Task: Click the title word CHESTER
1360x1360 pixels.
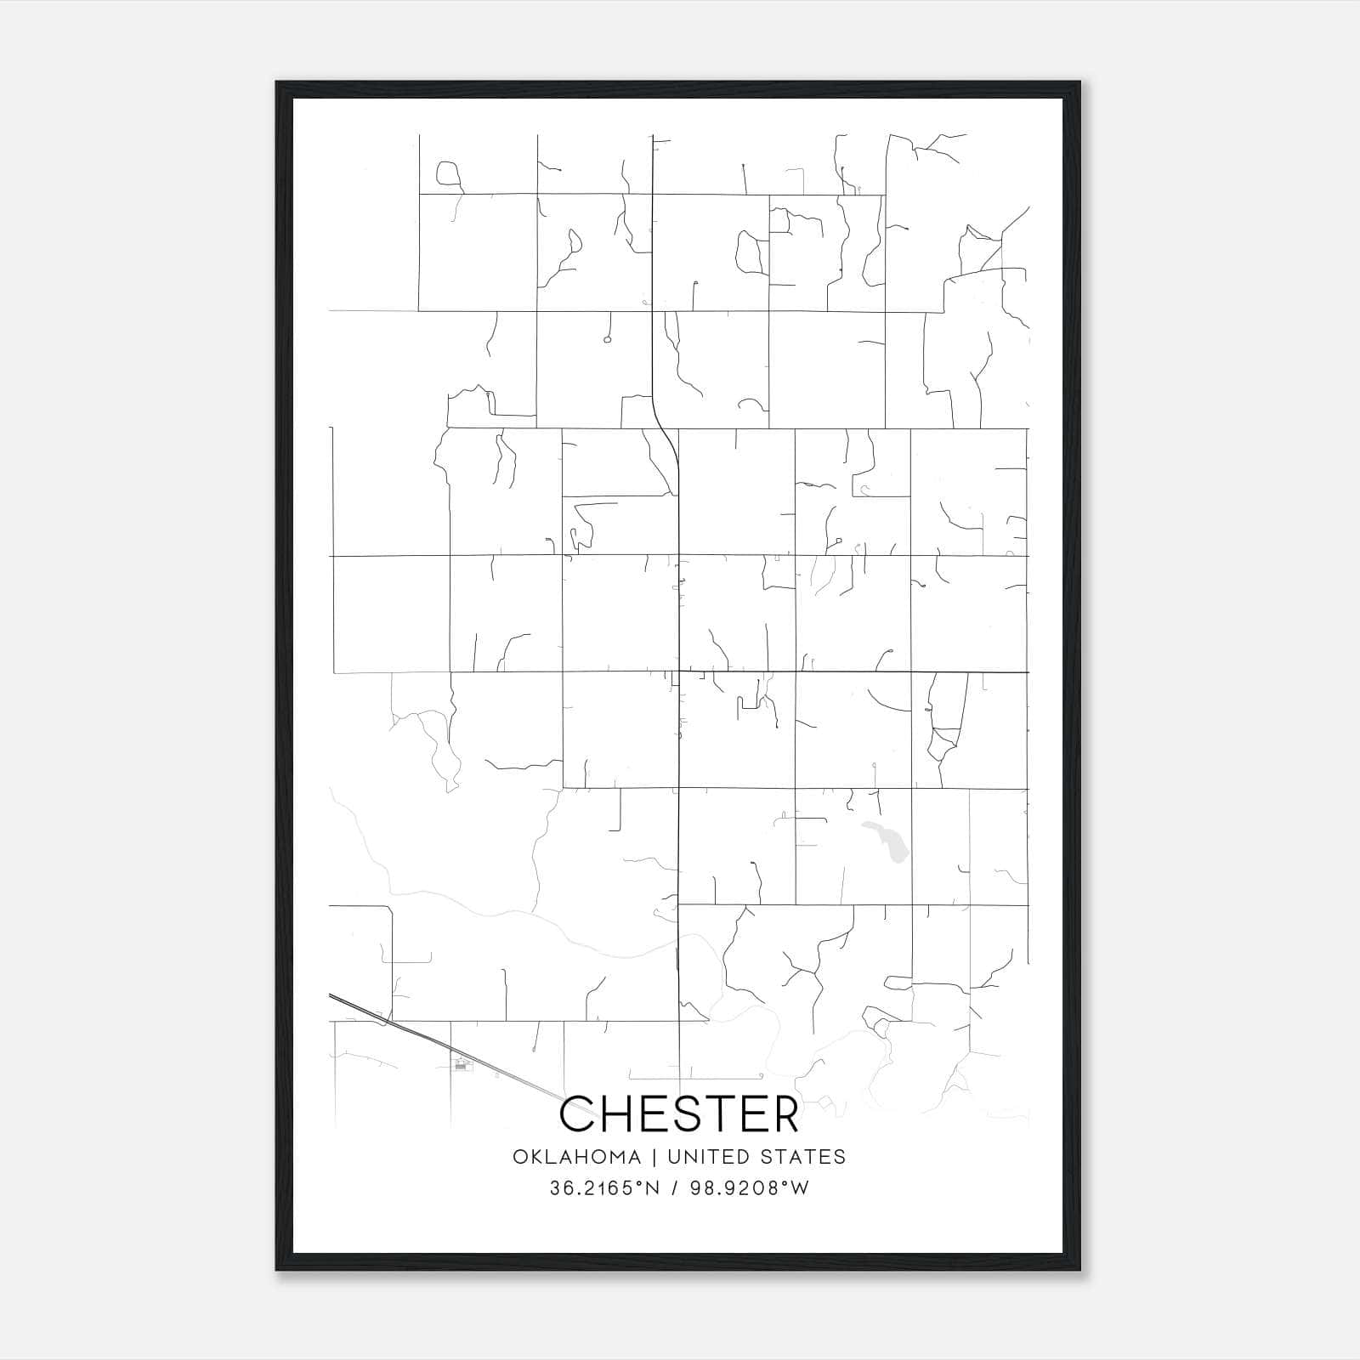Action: pos(679,1113)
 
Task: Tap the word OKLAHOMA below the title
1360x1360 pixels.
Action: pos(576,1157)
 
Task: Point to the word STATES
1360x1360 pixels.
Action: pos(801,1157)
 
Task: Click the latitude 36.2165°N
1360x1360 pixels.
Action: pos(604,1188)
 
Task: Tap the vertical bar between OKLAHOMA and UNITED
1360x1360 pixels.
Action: pos(654,1157)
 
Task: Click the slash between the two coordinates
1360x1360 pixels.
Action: pos(674,1188)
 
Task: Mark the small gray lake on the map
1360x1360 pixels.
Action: pos(887,841)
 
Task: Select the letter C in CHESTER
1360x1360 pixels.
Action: pos(578,1113)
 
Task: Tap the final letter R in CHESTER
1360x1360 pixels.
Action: pos(785,1113)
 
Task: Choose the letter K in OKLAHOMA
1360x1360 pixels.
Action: pos(535,1157)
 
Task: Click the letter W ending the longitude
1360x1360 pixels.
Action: pos(800,1188)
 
